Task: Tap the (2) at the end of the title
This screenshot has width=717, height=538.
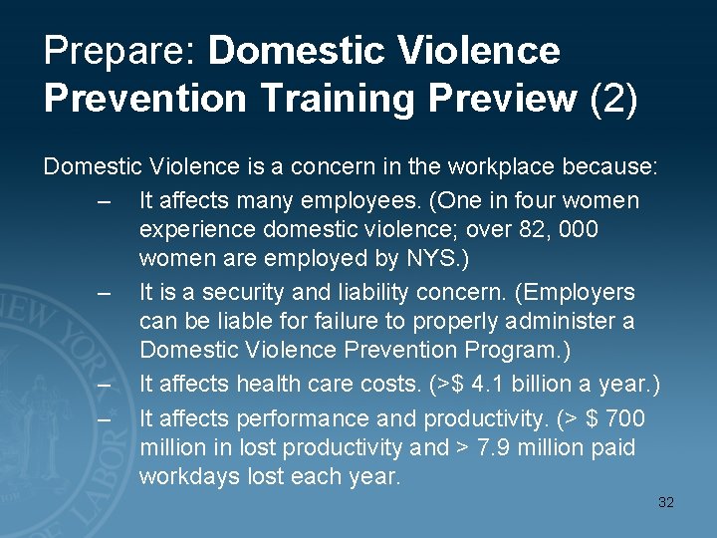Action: click(613, 99)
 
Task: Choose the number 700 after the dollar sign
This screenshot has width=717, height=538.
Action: click(625, 418)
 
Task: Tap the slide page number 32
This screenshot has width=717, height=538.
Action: click(666, 502)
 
